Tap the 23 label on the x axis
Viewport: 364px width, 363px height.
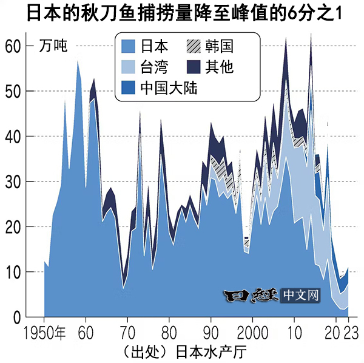coord(349,332)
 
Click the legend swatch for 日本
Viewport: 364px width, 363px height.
coord(129,46)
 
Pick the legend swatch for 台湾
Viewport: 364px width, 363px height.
coord(129,67)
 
